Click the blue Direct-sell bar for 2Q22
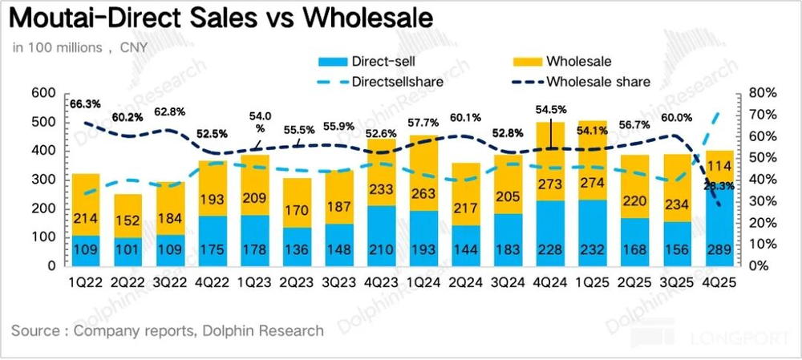tap(127, 252)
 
